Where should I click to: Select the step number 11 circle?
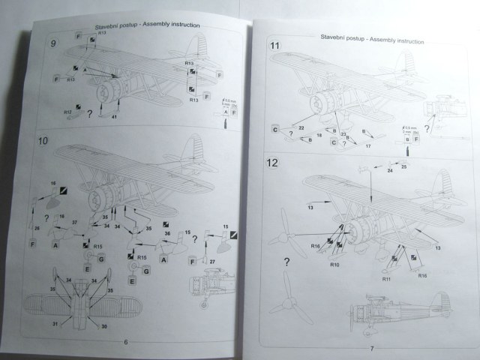(x=275, y=47)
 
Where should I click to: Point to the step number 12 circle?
(x=274, y=163)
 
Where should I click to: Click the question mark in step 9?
(x=90, y=112)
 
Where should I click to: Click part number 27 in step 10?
(x=212, y=260)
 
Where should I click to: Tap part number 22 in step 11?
(x=300, y=128)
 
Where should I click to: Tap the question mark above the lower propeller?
(x=286, y=262)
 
